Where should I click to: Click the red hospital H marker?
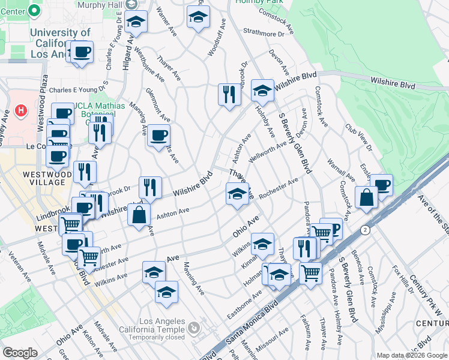[21, 110]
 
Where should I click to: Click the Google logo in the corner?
[20, 353]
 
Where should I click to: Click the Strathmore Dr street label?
[264, 33]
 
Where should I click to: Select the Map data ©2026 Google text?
[411, 355]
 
